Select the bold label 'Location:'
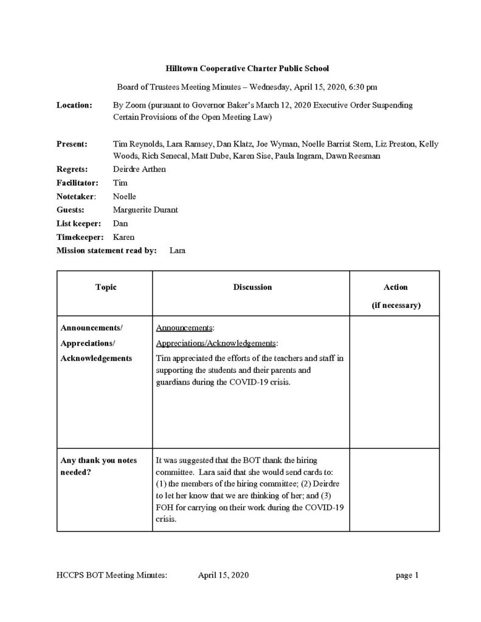(x=74, y=105)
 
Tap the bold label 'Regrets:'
(x=72, y=169)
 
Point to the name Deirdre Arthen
(x=139, y=169)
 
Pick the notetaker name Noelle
(x=125, y=196)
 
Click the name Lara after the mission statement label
(x=178, y=250)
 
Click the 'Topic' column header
(x=106, y=287)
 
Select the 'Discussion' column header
(x=252, y=287)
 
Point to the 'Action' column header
(x=395, y=287)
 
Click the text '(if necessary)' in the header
(x=395, y=306)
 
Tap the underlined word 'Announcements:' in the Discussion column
(x=185, y=328)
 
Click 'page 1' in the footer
(x=407, y=575)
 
